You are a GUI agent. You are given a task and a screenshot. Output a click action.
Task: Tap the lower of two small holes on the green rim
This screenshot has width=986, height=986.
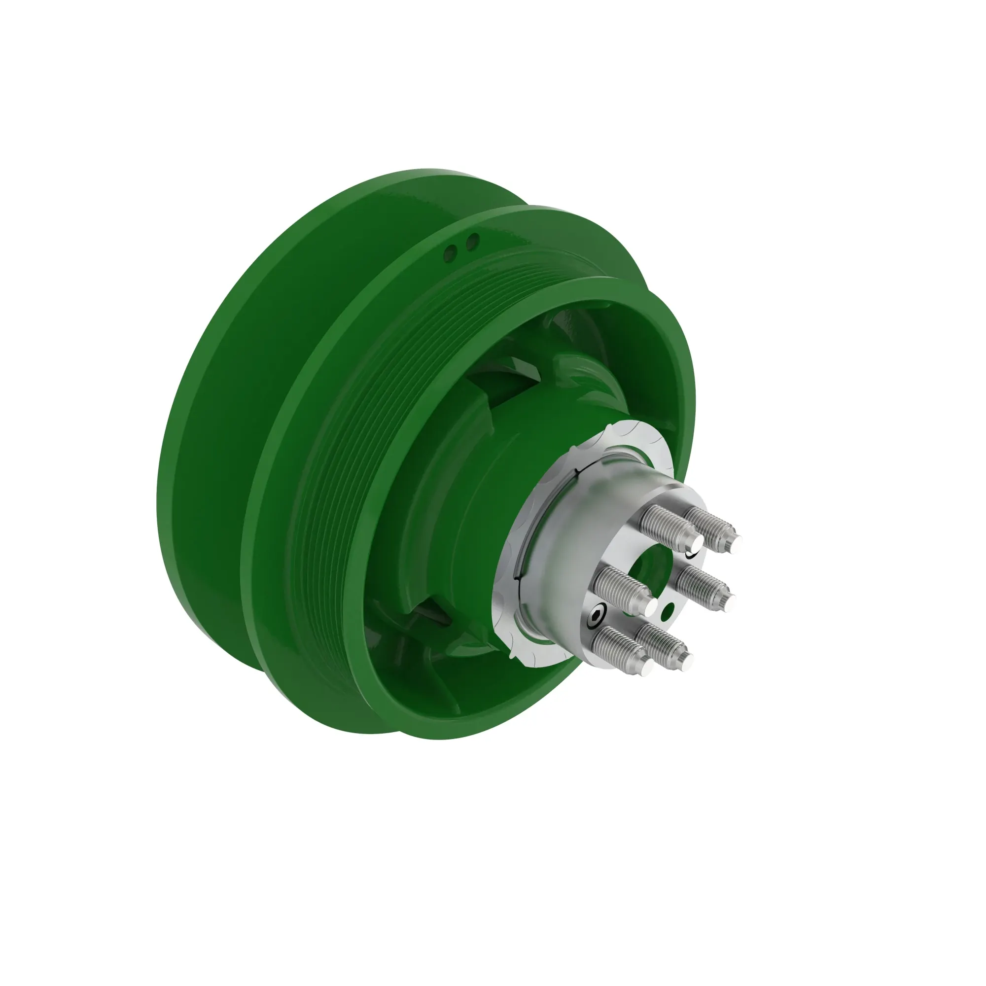[451, 250]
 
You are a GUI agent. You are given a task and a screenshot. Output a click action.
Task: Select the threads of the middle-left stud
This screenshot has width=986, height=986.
[620, 587]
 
